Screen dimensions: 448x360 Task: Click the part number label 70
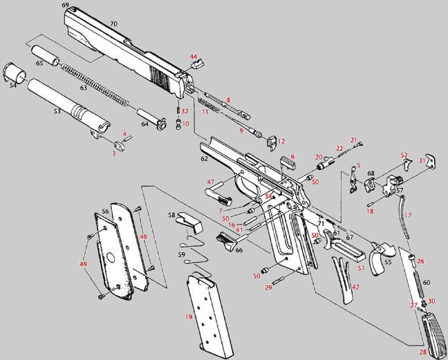pyautogui.click(x=113, y=24)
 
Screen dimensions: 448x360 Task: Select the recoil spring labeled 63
pyautogui.click(x=95, y=85)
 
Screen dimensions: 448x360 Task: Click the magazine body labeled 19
pyautogui.click(x=210, y=316)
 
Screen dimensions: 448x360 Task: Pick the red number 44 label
pyautogui.click(x=194, y=57)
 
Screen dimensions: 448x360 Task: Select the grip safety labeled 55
pyautogui.click(x=382, y=258)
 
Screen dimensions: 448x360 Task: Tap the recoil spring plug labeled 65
pyautogui.click(x=45, y=55)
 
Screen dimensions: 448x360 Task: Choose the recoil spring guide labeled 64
pyautogui.click(x=151, y=119)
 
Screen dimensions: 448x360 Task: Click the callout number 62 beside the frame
pyautogui.click(x=204, y=159)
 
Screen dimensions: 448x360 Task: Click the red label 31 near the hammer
pyautogui.click(x=422, y=161)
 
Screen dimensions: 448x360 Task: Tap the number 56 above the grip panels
pyautogui.click(x=105, y=211)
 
